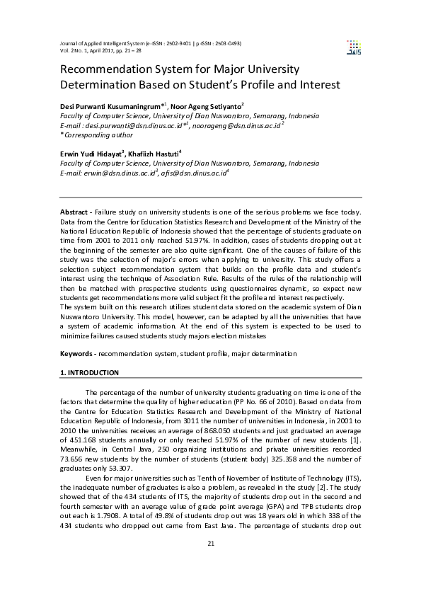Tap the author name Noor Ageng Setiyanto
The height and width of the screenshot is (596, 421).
[209, 105]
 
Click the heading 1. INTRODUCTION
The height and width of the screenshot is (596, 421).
[89, 372]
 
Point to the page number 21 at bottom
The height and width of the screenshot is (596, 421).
[210, 563]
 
